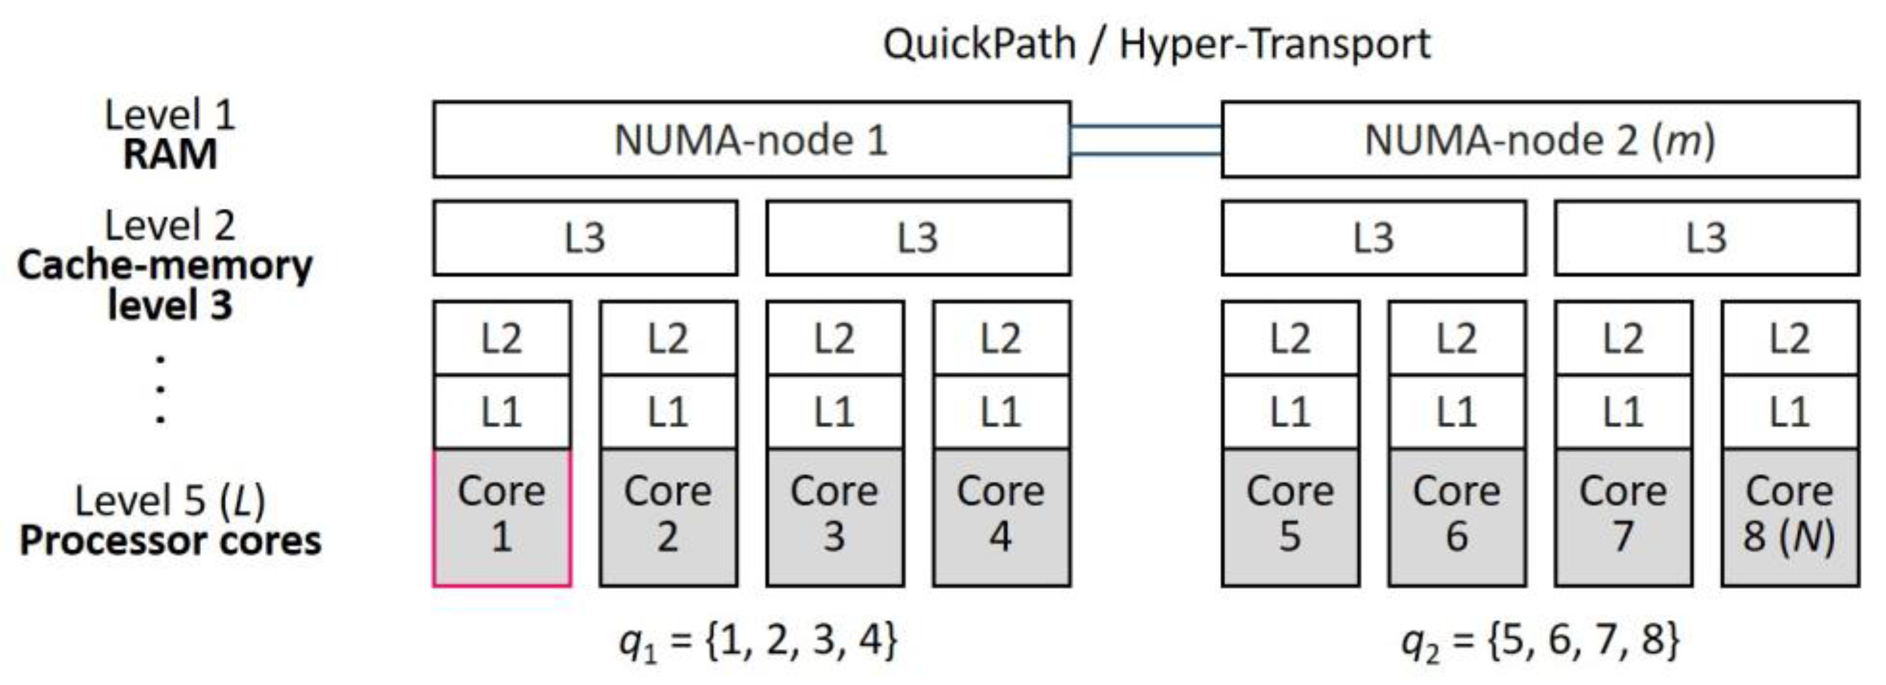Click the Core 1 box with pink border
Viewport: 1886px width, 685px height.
click(501, 517)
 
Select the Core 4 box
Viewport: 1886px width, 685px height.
click(1001, 517)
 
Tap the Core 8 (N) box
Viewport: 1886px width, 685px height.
click(1789, 517)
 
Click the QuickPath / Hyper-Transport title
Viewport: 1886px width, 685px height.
click(1156, 44)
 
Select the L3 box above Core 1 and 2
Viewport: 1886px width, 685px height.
click(585, 238)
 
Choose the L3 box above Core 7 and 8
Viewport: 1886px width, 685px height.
click(1706, 238)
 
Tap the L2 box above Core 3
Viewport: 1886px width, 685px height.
click(835, 339)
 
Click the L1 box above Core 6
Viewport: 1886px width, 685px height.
click(1456, 412)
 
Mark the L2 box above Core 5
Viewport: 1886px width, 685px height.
click(1290, 339)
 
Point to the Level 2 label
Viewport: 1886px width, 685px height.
click(170, 225)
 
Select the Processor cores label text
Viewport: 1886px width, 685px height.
click(170, 542)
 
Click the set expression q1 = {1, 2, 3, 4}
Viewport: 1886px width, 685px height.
click(758, 641)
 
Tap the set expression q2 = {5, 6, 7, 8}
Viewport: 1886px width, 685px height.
click(1540, 641)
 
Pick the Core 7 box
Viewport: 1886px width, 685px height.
click(1623, 517)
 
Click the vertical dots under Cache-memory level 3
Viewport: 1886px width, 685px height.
click(160, 390)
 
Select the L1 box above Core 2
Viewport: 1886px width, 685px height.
click(668, 412)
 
